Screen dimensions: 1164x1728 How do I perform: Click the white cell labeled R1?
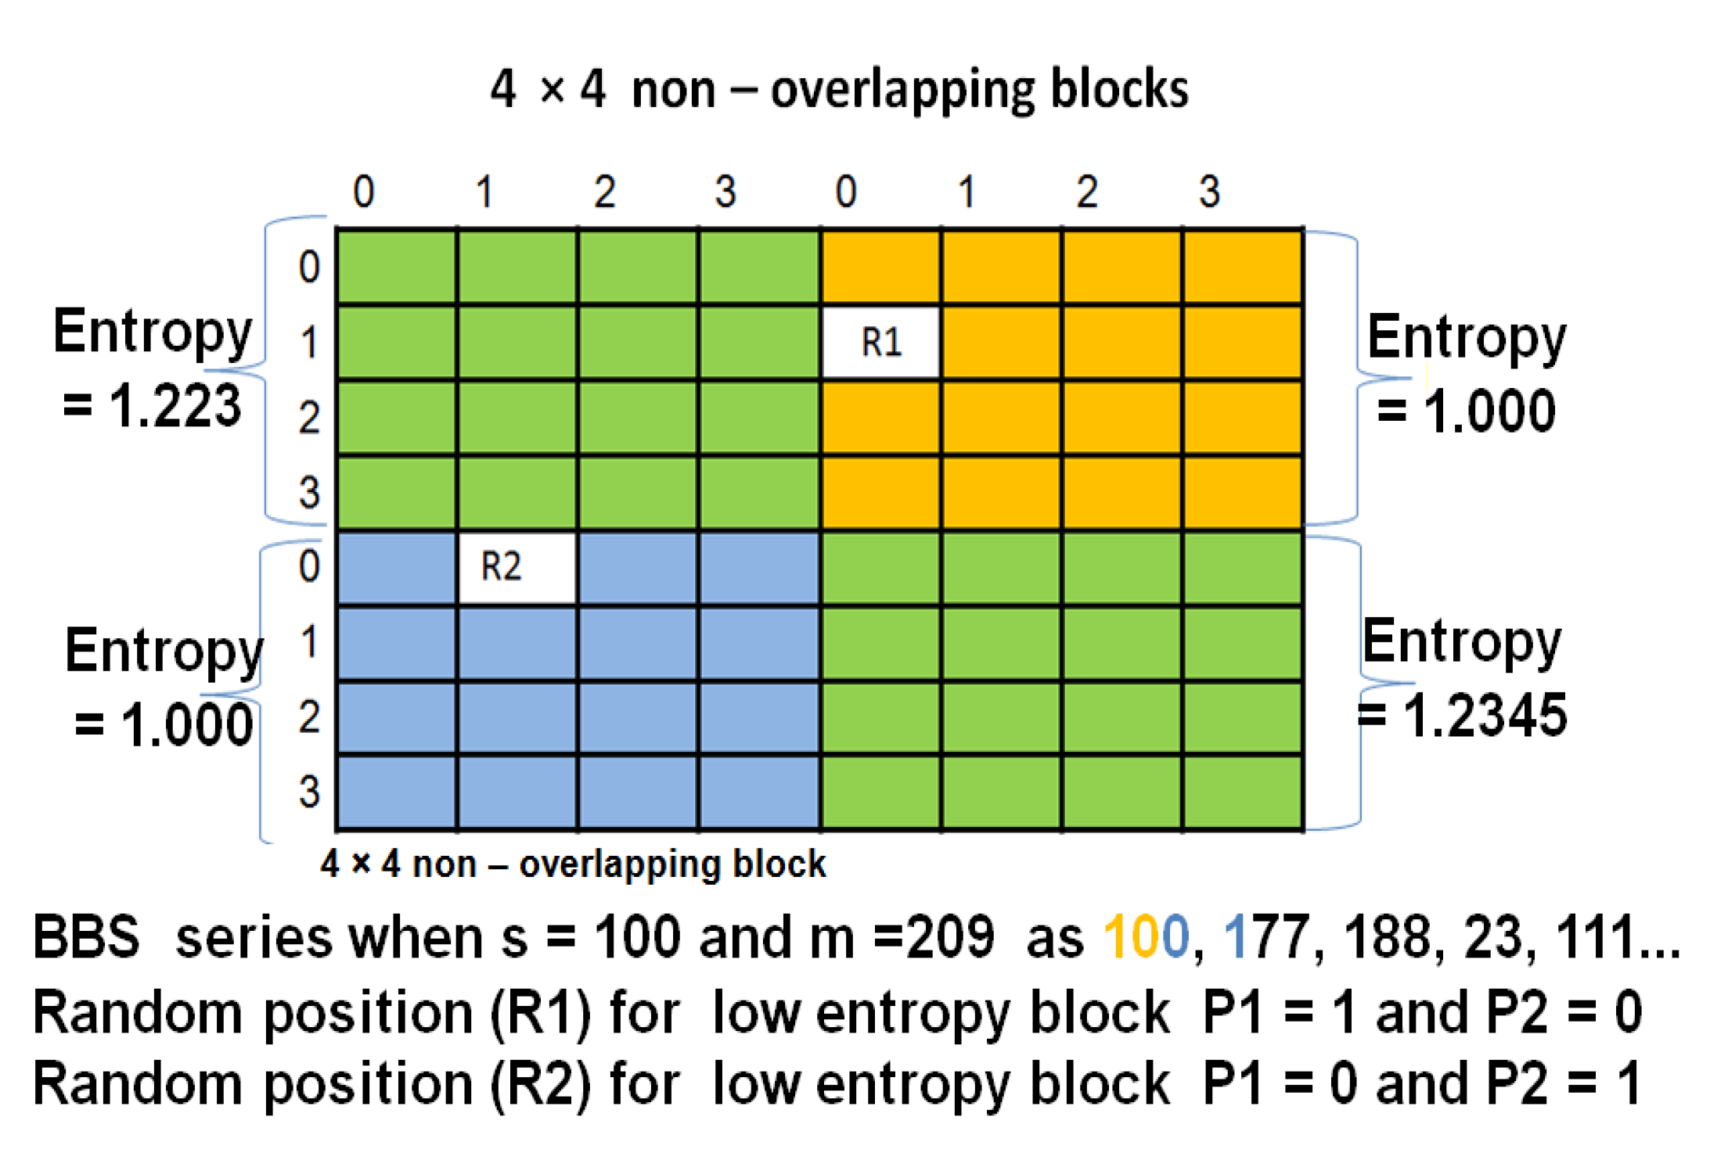point(881,343)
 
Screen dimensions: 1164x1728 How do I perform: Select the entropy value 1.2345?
point(1485,717)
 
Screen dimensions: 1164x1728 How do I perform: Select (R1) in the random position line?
point(541,1013)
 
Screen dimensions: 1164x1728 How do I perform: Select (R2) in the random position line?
point(541,1085)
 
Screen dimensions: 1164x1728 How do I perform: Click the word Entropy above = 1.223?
point(153,333)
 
